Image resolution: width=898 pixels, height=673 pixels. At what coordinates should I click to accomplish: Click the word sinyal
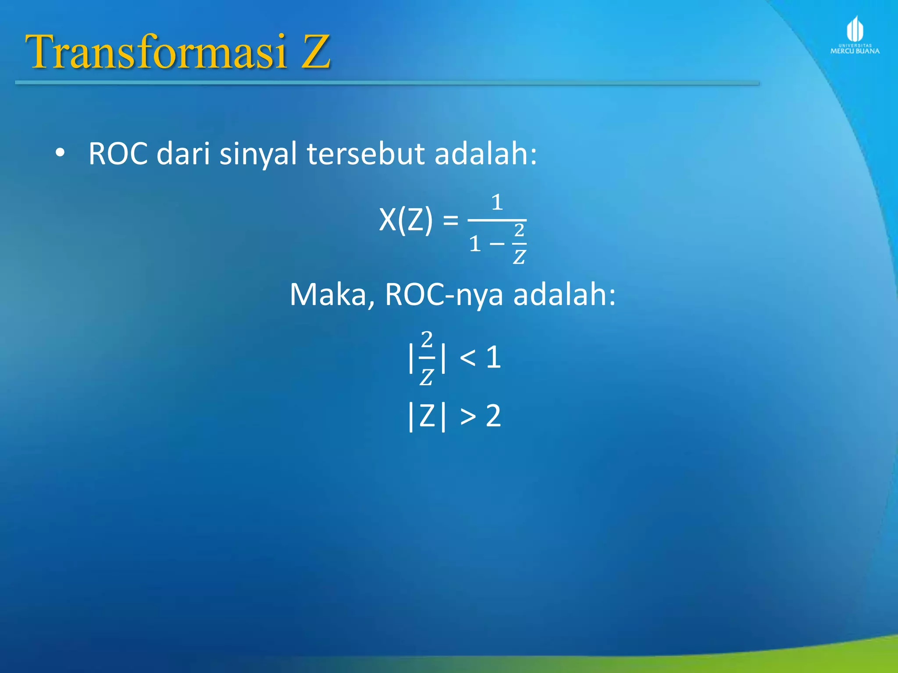258,154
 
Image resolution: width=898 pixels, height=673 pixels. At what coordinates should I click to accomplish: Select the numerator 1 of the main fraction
496,202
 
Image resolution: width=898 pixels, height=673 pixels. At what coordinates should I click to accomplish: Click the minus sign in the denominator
497,244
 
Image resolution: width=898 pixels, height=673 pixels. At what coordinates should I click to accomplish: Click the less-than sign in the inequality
467,358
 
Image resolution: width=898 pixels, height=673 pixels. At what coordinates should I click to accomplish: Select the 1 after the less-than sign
493,357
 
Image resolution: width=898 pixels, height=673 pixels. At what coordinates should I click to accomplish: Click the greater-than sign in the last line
468,416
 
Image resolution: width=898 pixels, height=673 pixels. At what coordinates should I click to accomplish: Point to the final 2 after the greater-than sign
493,416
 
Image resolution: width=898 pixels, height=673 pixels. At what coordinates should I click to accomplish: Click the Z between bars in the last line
427,416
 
